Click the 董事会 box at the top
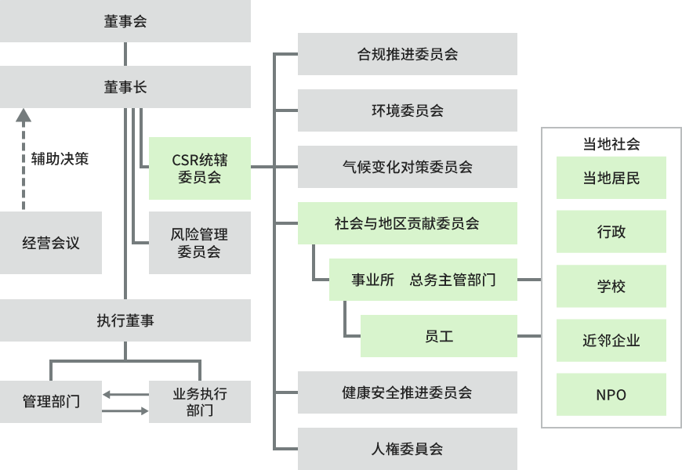click(x=125, y=21)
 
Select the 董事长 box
click(x=125, y=87)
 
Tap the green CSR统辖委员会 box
click(x=199, y=168)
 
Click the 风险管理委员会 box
click(x=199, y=243)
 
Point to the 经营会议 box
click(x=51, y=243)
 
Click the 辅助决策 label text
click(x=60, y=159)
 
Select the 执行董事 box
click(x=125, y=320)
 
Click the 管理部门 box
click(x=51, y=402)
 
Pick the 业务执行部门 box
click(x=199, y=402)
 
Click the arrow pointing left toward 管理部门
click(x=110, y=394)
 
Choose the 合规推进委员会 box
click(x=408, y=54)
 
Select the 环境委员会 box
click(x=408, y=110)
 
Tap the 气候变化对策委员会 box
click(x=408, y=167)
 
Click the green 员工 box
click(x=439, y=336)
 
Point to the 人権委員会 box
click(x=408, y=449)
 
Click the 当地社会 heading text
click(x=611, y=144)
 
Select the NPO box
click(x=611, y=395)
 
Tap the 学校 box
click(x=611, y=286)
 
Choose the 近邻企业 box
click(x=611, y=341)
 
